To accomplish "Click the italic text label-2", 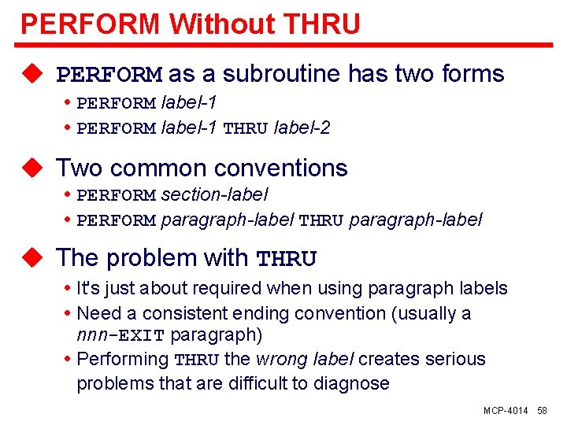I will point(302,128).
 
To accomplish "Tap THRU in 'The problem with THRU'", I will point(287,259).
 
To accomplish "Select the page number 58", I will point(542,412).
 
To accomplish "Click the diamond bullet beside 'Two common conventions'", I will point(31,168).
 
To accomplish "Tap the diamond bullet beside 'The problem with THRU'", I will point(31,258).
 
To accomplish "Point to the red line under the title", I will point(283,44).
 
